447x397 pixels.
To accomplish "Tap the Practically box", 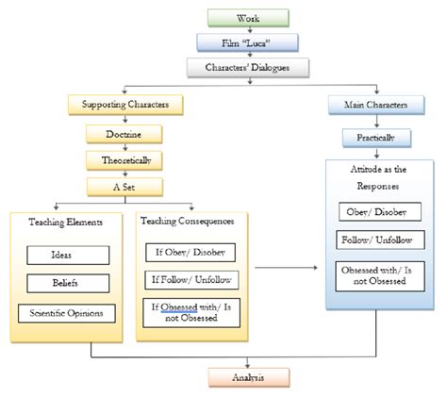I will [x=376, y=138].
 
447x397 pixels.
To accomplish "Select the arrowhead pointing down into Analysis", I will [x=248, y=365].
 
